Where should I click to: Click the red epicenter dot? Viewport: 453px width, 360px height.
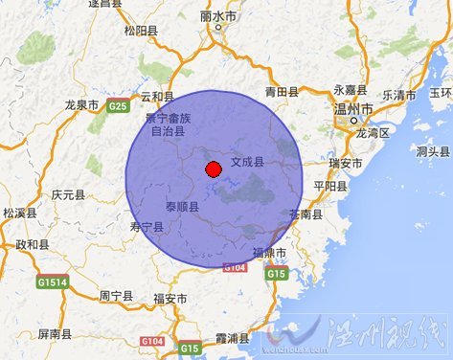tap(213, 170)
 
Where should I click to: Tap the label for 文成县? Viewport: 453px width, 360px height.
tap(247, 163)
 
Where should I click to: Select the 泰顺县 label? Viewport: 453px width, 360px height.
tap(182, 207)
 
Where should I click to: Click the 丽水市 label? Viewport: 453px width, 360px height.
tap(220, 16)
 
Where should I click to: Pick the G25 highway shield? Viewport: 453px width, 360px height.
tap(119, 104)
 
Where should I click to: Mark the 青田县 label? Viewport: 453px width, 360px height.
tap(282, 93)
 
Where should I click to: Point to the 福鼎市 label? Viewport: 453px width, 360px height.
tap(270, 252)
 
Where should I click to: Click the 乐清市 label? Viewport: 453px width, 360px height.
tap(398, 96)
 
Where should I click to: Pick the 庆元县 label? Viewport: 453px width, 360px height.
tap(68, 193)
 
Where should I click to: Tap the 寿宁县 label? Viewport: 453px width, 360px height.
tap(147, 227)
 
